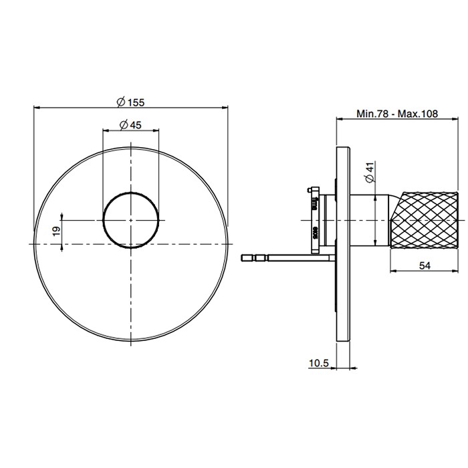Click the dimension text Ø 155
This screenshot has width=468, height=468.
coord(130,102)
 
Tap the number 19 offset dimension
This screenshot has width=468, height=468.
coord(56,230)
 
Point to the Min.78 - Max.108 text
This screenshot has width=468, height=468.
coord(397,114)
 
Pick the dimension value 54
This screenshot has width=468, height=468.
coord(424,265)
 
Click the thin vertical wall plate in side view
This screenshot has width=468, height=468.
coord(342,244)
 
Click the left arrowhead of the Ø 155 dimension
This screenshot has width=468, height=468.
coord(36,107)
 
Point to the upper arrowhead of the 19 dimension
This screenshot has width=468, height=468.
coord(62,216)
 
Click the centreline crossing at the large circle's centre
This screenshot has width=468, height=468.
coord(132,244)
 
